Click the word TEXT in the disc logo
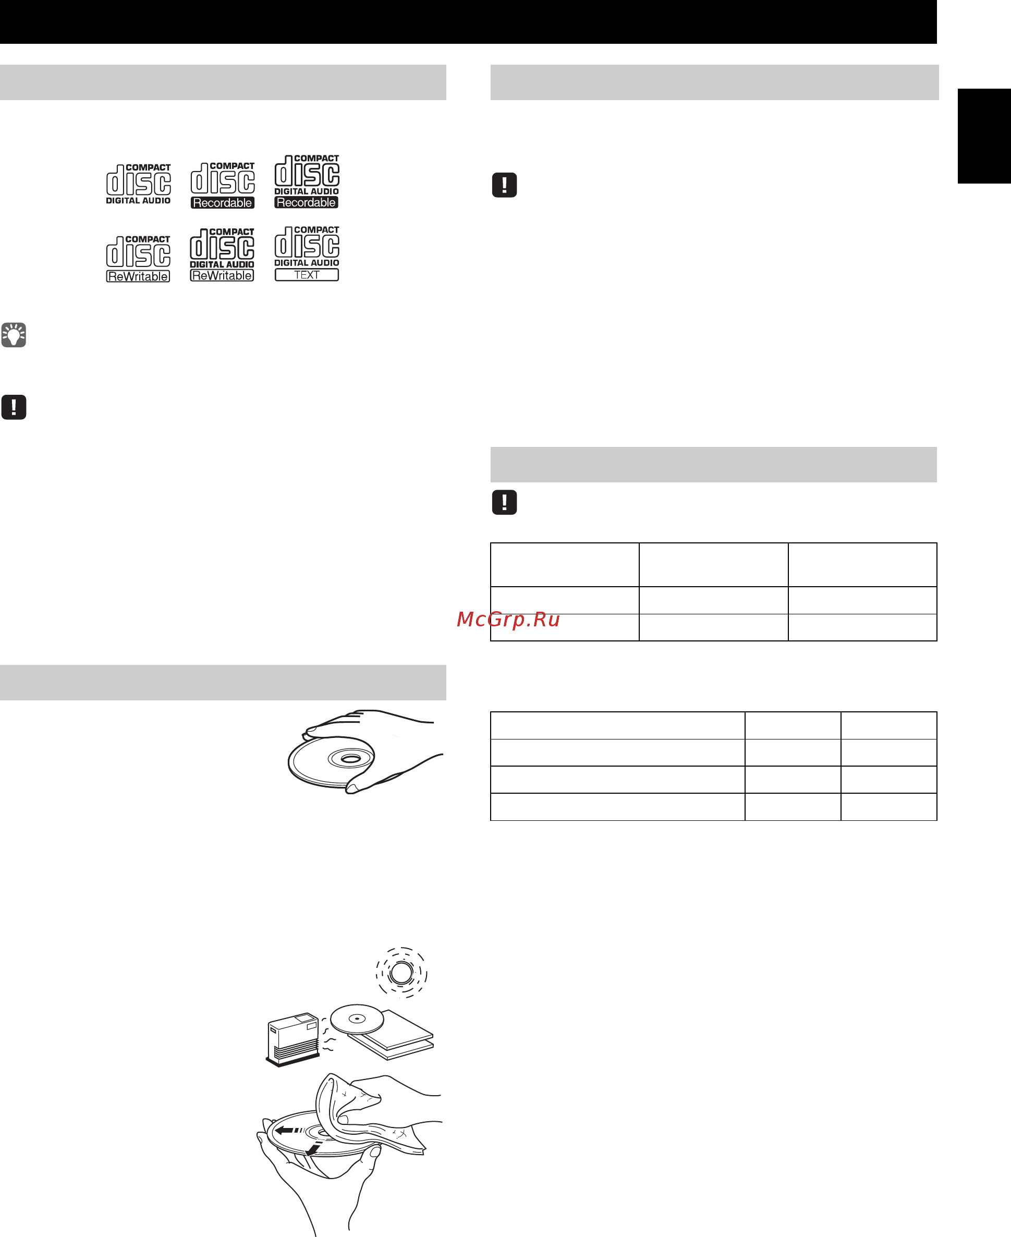click(x=307, y=275)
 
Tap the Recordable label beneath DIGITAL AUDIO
click(x=307, y=203)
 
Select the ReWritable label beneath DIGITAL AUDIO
click(x=222, y=275)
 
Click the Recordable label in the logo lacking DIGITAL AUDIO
click(x=223, y=203)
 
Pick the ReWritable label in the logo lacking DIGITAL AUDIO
click(x=138, y=276)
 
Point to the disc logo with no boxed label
click(x=139, y=184)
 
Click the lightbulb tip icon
click(x=14, y=335)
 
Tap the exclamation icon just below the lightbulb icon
click(x=14, y=407)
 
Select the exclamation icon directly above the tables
click(x=504, y=502)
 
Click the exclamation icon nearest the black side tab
click(x=504, y=185)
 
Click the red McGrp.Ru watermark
click(x=508, y=619)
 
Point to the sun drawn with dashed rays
click(x=401, y=973)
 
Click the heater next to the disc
click(x=293, y=1039)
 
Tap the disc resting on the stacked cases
click(x=357, y=1019)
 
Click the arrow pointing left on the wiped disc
click(x=289, y=1131)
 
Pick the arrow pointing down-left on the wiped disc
click(x=314, y=1148)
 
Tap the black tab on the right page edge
click(x=984, y=136)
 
